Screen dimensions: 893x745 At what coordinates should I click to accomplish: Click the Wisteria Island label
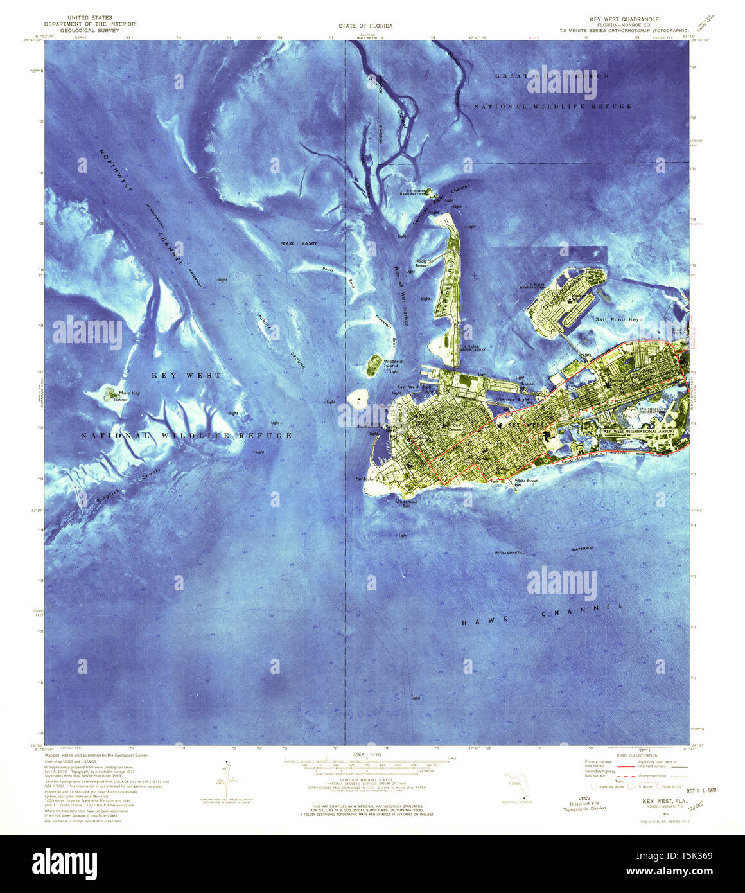click(393, 364)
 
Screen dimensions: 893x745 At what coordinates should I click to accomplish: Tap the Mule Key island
click(111, 394)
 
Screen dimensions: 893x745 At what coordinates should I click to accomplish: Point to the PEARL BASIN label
click(298, 244)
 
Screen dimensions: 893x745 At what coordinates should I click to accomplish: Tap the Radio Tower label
click(421, 263)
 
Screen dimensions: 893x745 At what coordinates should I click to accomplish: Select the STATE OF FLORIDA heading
click(365, 26)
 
